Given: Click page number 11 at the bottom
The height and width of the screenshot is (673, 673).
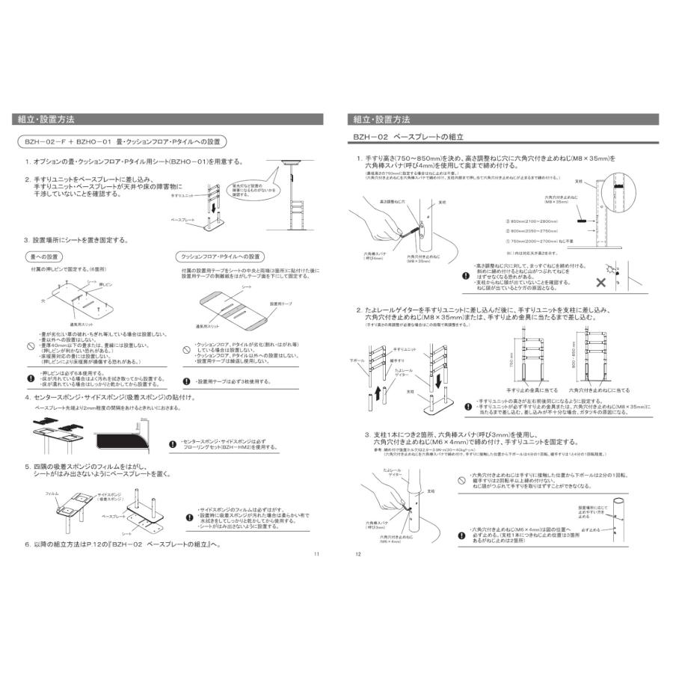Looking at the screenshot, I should pos(316,554).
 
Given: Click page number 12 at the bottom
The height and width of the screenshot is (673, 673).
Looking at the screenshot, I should pos(358,554).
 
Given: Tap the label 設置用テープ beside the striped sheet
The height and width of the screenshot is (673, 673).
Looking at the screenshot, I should pos(280,304).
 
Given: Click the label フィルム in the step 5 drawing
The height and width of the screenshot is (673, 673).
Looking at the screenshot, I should pos(52,494).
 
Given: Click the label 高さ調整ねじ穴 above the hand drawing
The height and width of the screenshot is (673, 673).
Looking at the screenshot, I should pos(391,201).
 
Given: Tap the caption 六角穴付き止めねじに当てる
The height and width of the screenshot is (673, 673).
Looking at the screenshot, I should pos(599,390).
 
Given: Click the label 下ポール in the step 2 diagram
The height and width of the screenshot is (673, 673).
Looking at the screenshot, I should pos(357,360).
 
